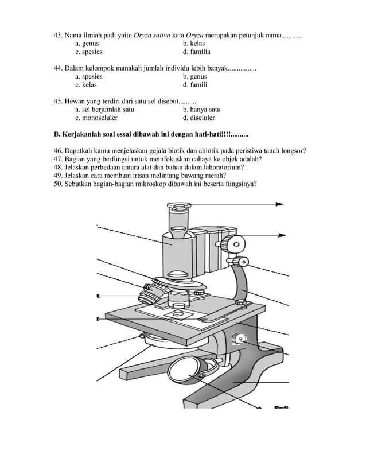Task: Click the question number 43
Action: click(57, 35)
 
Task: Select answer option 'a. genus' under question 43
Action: click(87, 44)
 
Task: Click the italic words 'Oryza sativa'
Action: click(151, 35)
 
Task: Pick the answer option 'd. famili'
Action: click(195, 85)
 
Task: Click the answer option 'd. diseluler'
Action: click(198, 118)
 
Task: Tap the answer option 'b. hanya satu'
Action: click(201, 110)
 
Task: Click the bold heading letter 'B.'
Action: click(57, 134)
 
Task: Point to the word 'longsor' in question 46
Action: click(291, 151)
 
